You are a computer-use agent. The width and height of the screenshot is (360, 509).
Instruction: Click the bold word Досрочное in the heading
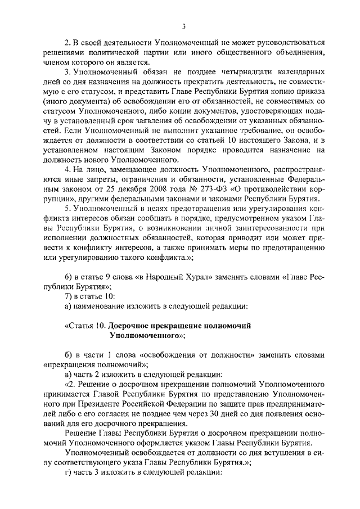128,326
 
